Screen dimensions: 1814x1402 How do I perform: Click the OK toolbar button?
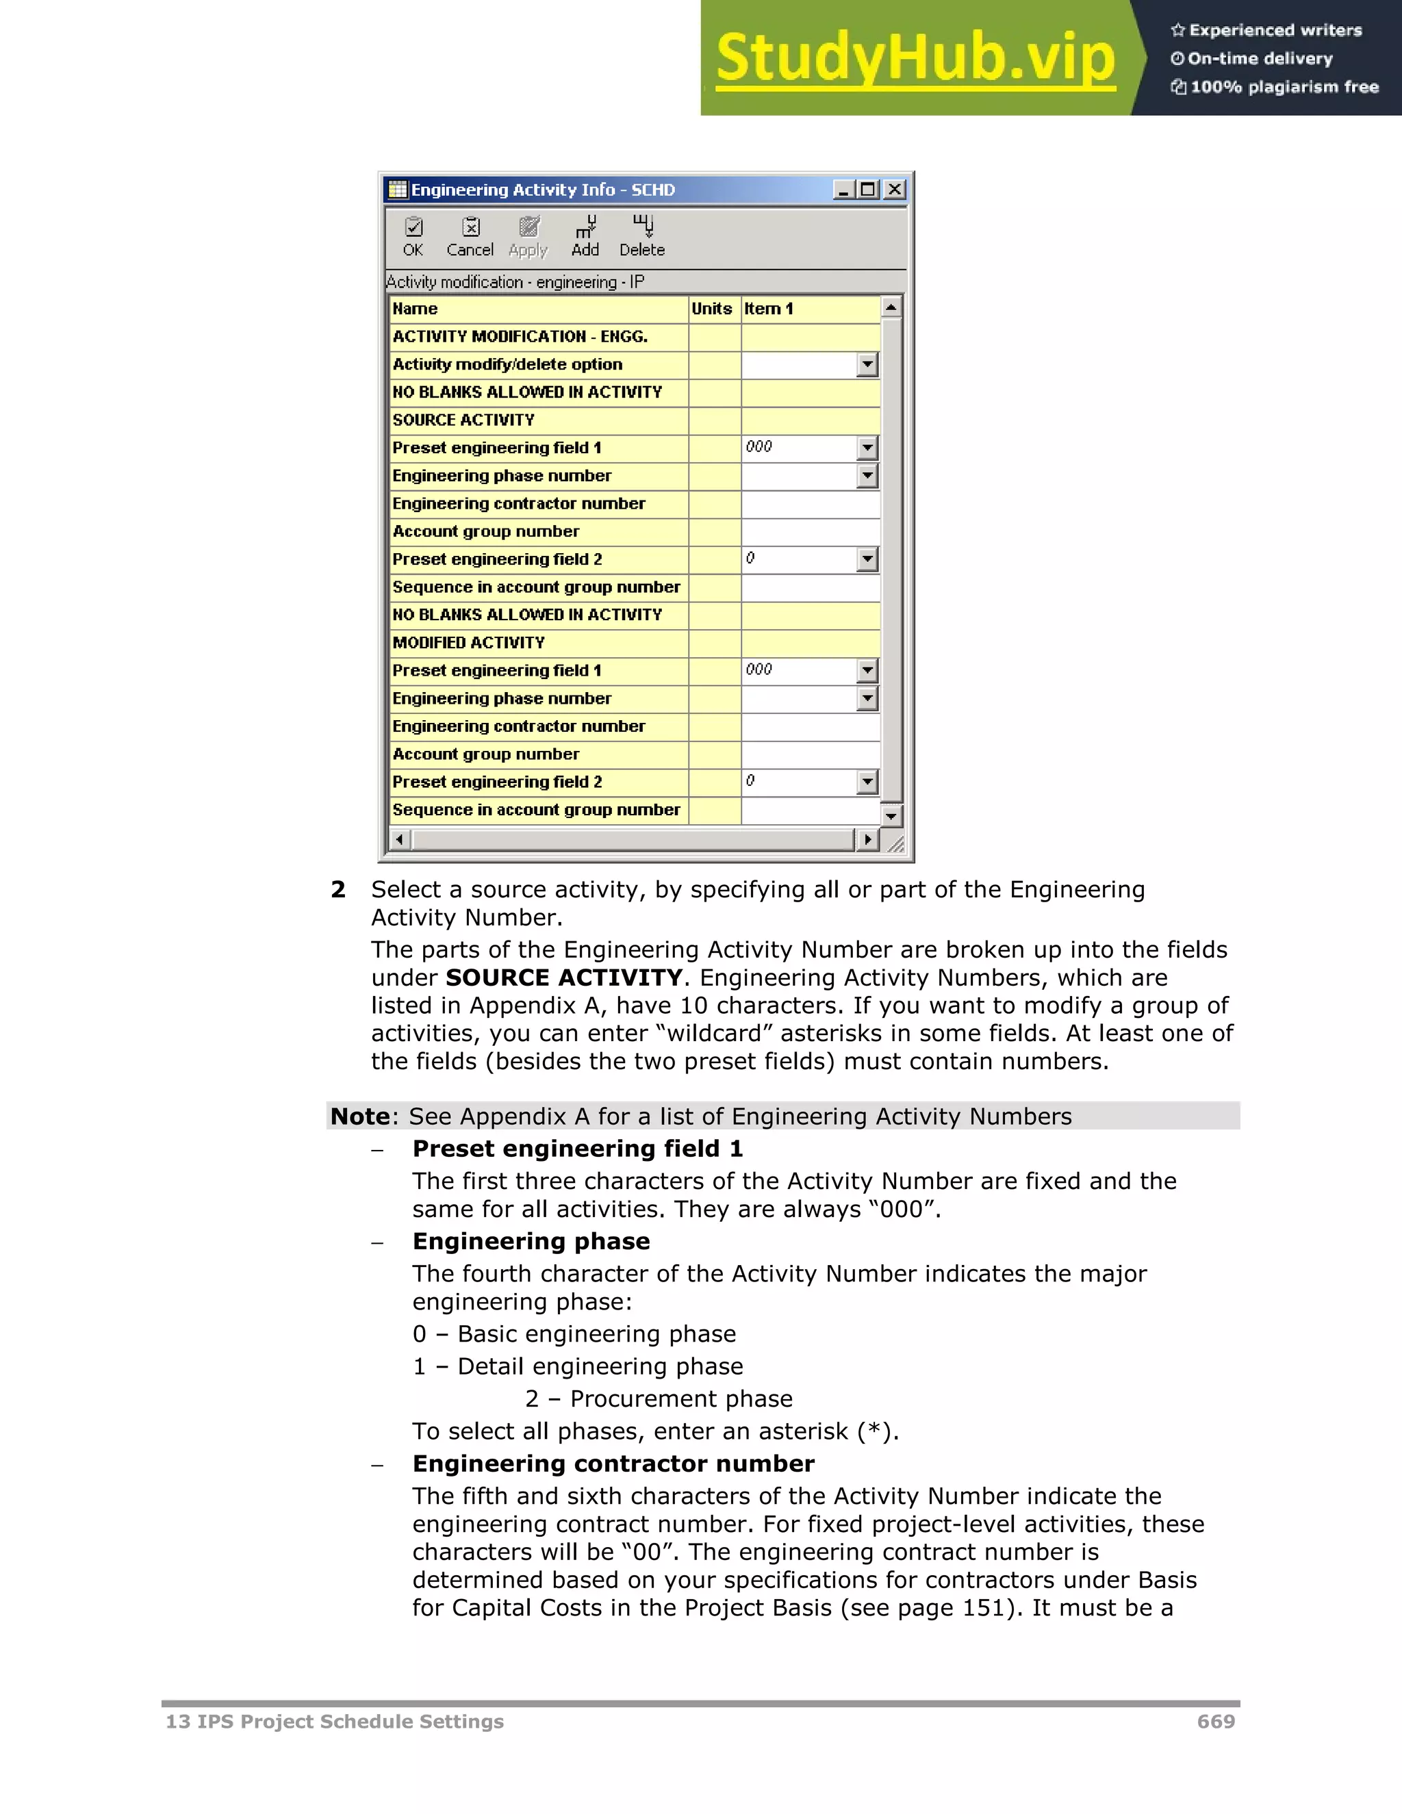413,237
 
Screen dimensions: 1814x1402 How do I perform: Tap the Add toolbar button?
585,237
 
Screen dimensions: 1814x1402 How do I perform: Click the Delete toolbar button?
642,237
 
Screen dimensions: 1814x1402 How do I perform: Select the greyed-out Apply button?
528,237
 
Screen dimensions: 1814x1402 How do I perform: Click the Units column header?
712,309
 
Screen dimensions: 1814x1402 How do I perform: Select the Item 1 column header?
768,309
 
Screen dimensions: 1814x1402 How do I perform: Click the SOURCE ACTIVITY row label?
463,420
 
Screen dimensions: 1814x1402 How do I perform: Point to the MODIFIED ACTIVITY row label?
468,643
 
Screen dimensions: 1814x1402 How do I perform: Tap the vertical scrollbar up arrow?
891,307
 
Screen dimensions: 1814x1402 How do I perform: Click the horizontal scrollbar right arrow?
867,840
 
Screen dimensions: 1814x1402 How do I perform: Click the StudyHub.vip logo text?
915,58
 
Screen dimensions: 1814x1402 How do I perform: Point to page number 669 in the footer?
1216,1722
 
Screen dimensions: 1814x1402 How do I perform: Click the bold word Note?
359,1116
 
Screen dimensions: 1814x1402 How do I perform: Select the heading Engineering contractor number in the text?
613,1464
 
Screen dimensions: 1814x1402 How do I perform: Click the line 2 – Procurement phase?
659,1398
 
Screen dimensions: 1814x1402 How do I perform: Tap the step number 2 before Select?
338,890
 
